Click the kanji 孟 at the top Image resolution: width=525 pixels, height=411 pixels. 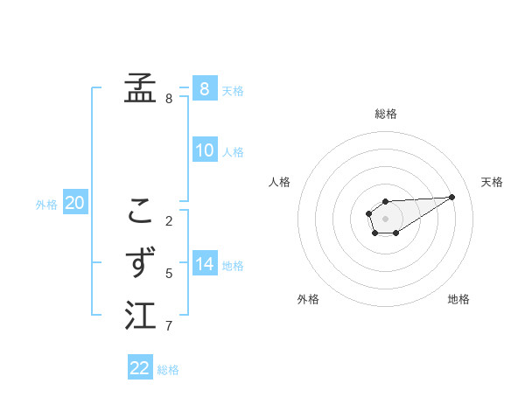coord(140,87)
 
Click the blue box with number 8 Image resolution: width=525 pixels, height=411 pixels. coord(204,88)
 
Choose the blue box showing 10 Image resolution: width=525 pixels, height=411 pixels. coord(204,150)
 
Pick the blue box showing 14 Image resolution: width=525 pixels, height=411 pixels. coord(204,263)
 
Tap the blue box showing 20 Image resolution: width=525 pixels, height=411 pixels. coord(74,203)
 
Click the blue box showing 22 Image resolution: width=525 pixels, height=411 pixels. coord(140,367)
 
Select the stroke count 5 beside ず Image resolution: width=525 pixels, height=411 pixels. coord(169,274)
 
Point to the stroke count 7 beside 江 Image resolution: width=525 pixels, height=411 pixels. coord(169,327)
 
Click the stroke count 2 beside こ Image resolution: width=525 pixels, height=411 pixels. coord(169,220)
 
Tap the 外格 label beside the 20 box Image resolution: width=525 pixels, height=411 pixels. coord(46,205)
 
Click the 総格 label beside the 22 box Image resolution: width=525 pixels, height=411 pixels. coord(168,369)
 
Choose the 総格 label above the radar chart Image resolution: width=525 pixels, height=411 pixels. coord(385,114)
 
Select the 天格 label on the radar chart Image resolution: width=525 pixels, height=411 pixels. coord(492,182)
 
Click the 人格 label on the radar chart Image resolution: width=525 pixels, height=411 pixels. coord(280,182)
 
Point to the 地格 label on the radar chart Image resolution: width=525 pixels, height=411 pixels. coord(458,299)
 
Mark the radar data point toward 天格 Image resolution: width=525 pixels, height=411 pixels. coord(452,196)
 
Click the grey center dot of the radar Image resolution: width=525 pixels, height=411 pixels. coord(385,218)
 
